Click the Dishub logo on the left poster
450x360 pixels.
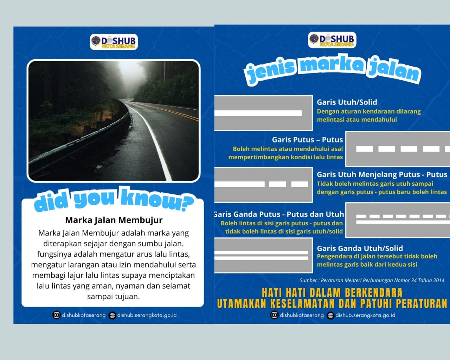point(113,42)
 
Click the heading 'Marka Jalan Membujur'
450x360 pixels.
point(114,220)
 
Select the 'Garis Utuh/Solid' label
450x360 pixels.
point(347,102)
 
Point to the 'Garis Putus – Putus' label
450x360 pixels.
point(307,140)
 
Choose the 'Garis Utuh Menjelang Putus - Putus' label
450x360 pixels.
point(382,175)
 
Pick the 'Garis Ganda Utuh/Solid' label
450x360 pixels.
point(360,248)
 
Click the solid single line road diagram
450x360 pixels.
point(263,113)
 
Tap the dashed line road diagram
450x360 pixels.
point(398,149)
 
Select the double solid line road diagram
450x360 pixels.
point(263,255)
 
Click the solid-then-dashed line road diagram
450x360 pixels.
point(263,184)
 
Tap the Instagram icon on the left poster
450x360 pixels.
point(57,315)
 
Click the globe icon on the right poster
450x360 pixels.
point(330,315)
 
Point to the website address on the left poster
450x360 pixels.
point(147,315)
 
